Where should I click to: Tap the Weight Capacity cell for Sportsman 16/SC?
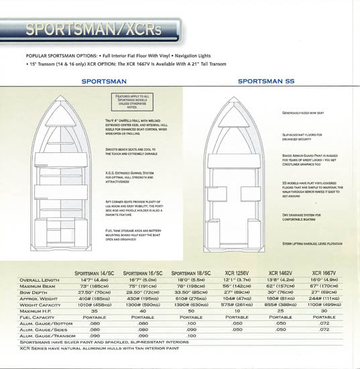(143, 304)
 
